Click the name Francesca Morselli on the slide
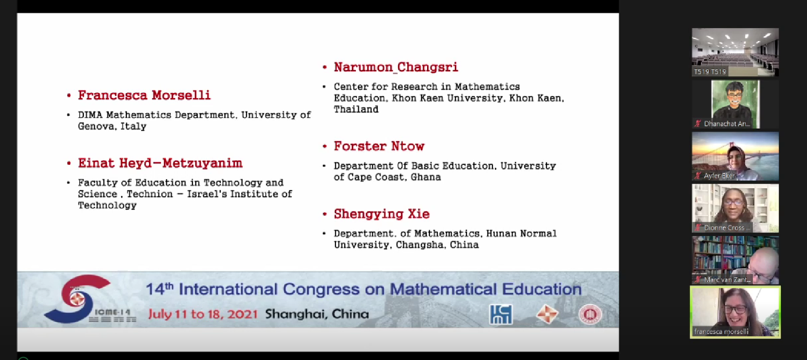pos(144,95)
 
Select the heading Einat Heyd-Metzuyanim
pos(160,163)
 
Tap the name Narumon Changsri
pos(396,68)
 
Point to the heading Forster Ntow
pos(379,146)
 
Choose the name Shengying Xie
pos(382,214)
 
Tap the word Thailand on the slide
pos(356,109)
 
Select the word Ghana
pos(426,177)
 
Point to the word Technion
pos(150,194)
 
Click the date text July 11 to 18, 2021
pos(203,314)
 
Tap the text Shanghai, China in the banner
pos(317,314)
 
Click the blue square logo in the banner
pos(501,315)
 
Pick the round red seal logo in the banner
pos(590,315)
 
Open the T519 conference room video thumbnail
pos(735,52)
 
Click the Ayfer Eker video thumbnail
pos(735,156)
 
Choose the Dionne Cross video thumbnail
pos(735,208)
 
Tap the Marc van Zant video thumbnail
pos(735,260)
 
